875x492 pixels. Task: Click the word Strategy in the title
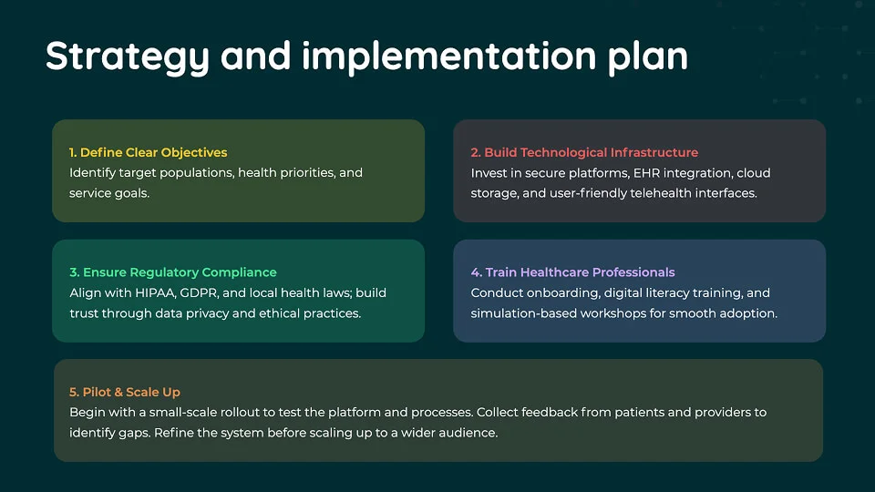[x=128, y=56]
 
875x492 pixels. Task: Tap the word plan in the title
[x=648, y=56]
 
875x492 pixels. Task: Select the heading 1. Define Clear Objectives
[x=148, y=152]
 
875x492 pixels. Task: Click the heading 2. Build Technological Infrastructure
[x=584, y=152]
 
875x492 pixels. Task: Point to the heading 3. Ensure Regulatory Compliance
[x=173, y=272]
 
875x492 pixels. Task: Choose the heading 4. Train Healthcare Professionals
[x=572, y=272]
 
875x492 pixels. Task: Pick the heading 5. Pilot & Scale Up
[x=125, y=392]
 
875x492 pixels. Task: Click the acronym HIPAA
[x=155, y=292]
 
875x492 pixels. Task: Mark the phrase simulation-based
[x=523, y=313]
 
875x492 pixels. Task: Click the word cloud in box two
[x=754, y=173]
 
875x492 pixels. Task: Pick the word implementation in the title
[x=449, y=56]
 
